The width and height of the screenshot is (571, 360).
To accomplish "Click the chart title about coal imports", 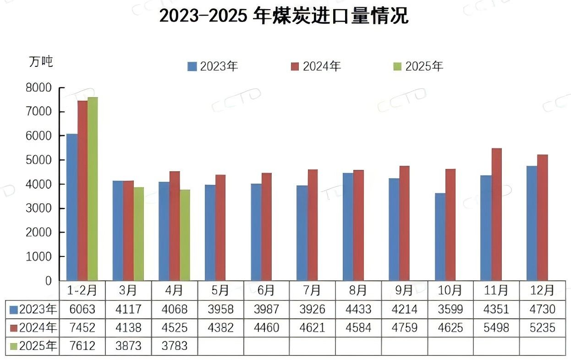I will coord(284,17).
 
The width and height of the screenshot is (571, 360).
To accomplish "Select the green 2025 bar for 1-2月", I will coord(93,188).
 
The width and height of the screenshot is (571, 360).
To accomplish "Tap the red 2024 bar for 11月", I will coord(496,214).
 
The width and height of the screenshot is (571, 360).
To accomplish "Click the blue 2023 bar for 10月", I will coord(440,236).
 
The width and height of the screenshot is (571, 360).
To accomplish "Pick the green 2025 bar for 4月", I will coord(185,235).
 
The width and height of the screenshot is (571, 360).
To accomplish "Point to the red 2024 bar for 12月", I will coord(543,217).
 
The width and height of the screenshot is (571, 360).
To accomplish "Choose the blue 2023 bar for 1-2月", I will coord(71,207).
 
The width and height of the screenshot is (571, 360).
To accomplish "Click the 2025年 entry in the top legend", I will coord(418,66).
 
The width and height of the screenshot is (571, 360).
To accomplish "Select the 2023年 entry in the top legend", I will coord(213,66).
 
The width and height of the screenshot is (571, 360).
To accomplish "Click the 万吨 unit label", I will coord(41,62).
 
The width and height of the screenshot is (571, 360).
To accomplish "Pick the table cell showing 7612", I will coord(82,345).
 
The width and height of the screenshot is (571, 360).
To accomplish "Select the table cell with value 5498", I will coord(496,327).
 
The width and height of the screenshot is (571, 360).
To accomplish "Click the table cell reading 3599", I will coord(450,309).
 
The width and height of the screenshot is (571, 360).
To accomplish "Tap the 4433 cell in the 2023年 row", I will coord(358,309).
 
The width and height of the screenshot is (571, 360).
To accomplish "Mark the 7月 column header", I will coord(312,290).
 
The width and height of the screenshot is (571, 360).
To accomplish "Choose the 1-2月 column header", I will coord(82,290).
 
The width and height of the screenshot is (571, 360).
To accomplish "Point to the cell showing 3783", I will coord(174,345).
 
